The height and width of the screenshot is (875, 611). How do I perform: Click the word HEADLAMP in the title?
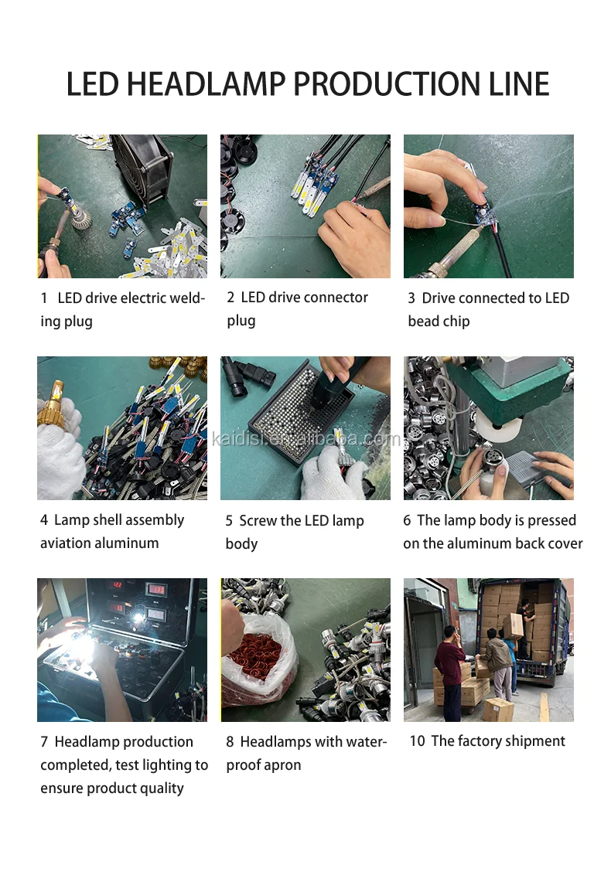(207, 83)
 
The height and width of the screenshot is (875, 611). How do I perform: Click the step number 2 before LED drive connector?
(230, 298)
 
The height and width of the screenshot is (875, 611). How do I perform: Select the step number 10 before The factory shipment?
(417, 741)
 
